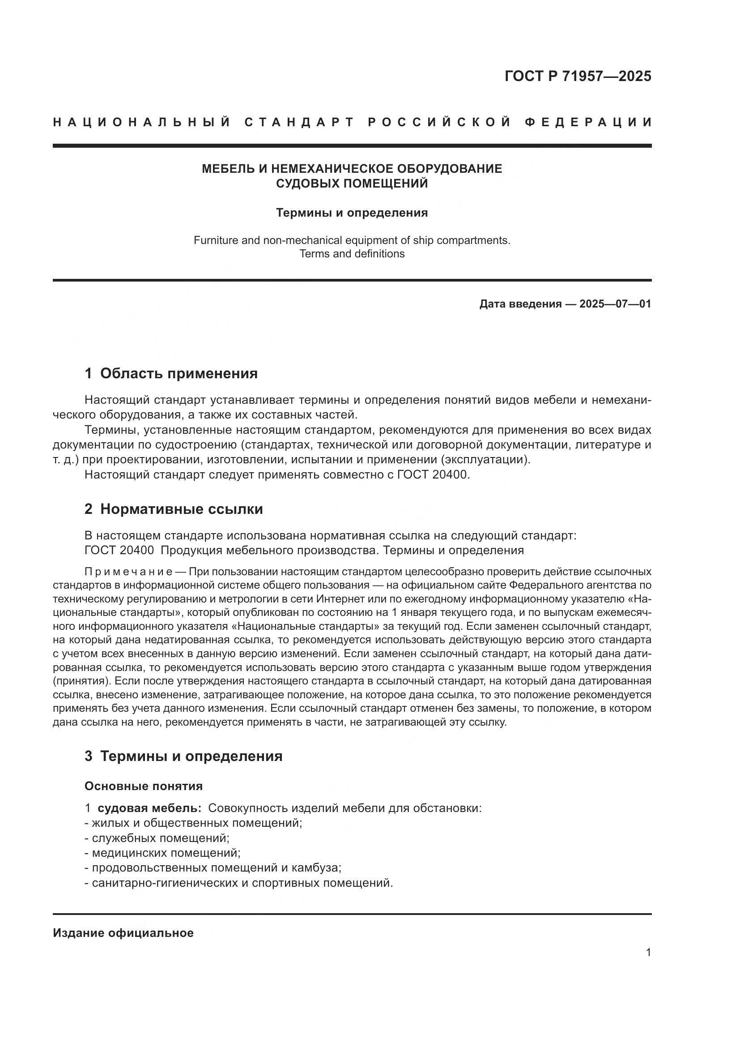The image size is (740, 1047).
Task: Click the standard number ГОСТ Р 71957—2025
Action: click(578, 76)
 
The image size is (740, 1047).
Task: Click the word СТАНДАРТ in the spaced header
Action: click(299, 122)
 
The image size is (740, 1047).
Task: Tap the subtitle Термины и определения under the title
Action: click(352, 213)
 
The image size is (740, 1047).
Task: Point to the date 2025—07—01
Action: click(615, 303)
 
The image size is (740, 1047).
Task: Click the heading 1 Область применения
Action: click(171, 373)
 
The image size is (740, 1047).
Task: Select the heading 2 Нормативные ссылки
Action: click(174, 509)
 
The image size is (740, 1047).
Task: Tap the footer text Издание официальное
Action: click(123, 933)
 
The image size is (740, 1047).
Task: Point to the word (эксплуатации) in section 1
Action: click(493, 460)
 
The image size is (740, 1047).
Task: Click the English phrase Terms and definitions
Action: click(352, 254)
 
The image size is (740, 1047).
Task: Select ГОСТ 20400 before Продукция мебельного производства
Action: click(119, 550)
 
